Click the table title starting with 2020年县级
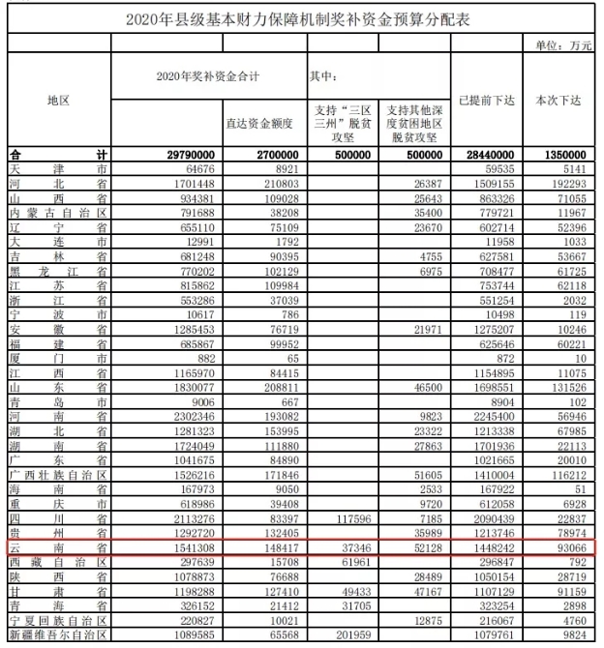(301, 18)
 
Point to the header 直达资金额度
(264, 124)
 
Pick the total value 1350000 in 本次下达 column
(565, 155)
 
